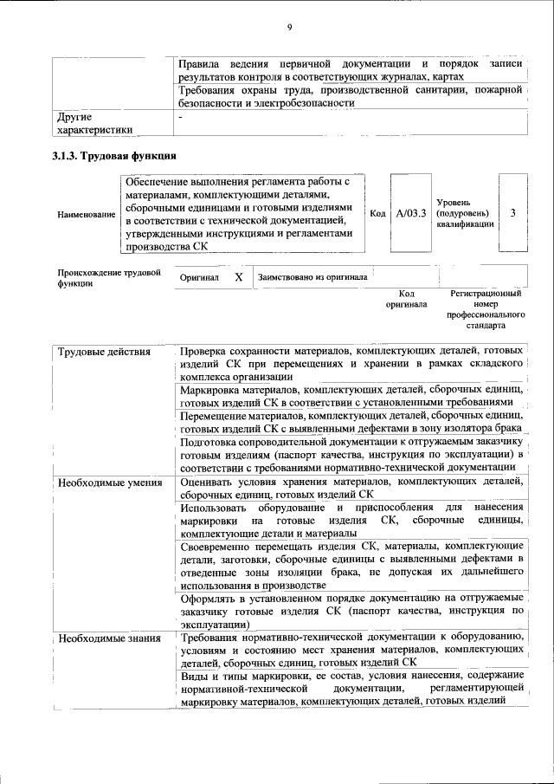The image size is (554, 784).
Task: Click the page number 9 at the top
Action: point(289,27)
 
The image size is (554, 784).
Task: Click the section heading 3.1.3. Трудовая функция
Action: point(116,156)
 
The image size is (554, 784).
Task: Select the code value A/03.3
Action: point(410,214)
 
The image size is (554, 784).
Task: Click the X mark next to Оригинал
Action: point(238,277)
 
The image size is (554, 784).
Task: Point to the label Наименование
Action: point(86,214)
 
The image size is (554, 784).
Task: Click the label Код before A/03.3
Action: point(377,214)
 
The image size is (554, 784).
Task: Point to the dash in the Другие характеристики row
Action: point(180,116)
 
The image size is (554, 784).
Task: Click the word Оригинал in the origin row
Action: point(199,278)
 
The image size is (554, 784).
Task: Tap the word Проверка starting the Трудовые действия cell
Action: point(205,352)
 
